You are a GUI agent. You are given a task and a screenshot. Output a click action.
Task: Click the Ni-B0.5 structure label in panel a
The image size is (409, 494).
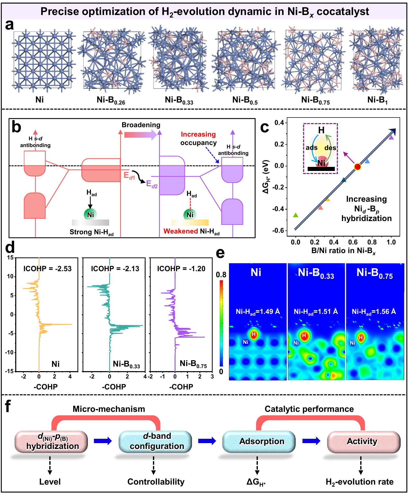pyautogui.click(x=245, y=100)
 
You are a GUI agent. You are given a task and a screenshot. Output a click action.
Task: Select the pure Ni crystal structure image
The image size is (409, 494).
pyautogui.click(x=43, y=60)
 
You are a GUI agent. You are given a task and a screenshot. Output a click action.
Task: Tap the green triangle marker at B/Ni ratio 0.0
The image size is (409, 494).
pyautogui.click(x=295, y=215)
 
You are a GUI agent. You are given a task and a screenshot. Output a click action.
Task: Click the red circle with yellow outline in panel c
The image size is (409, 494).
pyautogui.click(x=357, y=167)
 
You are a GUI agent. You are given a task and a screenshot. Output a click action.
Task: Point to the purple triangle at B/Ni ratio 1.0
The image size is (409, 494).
pyautogui.click(x=391, y=138)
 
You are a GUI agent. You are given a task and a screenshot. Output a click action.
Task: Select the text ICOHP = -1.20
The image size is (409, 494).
pyautogui.click(x=181, y=269)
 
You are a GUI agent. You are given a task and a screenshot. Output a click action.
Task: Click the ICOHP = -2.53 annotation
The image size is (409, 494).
pyautogui.click(x=48, y=269)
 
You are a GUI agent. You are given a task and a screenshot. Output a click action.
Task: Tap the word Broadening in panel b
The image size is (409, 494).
pyautogui.click(x=141, y=125)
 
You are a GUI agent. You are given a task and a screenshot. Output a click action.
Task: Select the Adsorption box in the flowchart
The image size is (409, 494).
pyautogui.click(x=262, y=441)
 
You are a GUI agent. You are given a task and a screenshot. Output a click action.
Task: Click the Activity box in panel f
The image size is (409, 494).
pyautogui.click(x=362, y=441)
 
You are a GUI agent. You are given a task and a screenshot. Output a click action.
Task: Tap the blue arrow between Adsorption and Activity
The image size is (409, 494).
pyautogui.click(x=311, y=441)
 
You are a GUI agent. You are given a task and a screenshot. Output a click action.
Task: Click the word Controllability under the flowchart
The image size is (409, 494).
pyautogui.click(x=156, y=482)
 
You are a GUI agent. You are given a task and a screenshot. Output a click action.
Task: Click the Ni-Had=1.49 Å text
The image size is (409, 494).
pyautogui.click(x=258, y=312)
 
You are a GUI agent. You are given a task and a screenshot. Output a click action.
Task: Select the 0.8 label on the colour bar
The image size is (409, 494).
pyautogui.click(x=221, y=275)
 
